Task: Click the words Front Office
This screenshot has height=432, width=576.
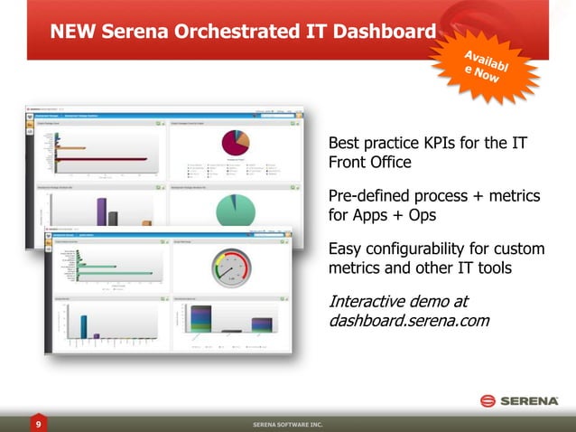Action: click(x=369, y=163)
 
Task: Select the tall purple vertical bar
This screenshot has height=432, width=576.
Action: click(x=101, y=211)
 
